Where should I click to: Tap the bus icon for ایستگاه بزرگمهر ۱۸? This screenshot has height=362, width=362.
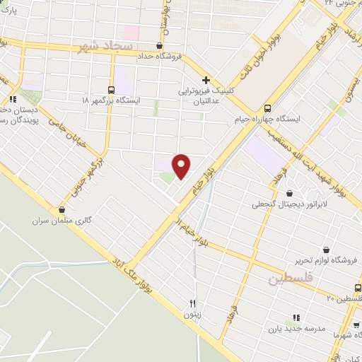tap(111, 89)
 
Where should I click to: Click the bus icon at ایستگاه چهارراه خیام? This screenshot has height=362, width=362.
tap(267, 109)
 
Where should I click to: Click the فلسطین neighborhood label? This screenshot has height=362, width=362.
tap(288, 278)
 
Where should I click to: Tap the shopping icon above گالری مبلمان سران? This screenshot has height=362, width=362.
tap(62, 209)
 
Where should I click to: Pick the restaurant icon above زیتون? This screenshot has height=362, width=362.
tap(192, 303)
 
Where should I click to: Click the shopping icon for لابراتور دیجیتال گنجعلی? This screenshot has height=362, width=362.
tap(288, 193)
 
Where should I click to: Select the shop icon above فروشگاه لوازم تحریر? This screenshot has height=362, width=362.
tap(326, 250)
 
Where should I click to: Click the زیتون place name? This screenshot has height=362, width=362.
tap(192, 313)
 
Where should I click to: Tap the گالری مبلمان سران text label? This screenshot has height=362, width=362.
tap(62, 221)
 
